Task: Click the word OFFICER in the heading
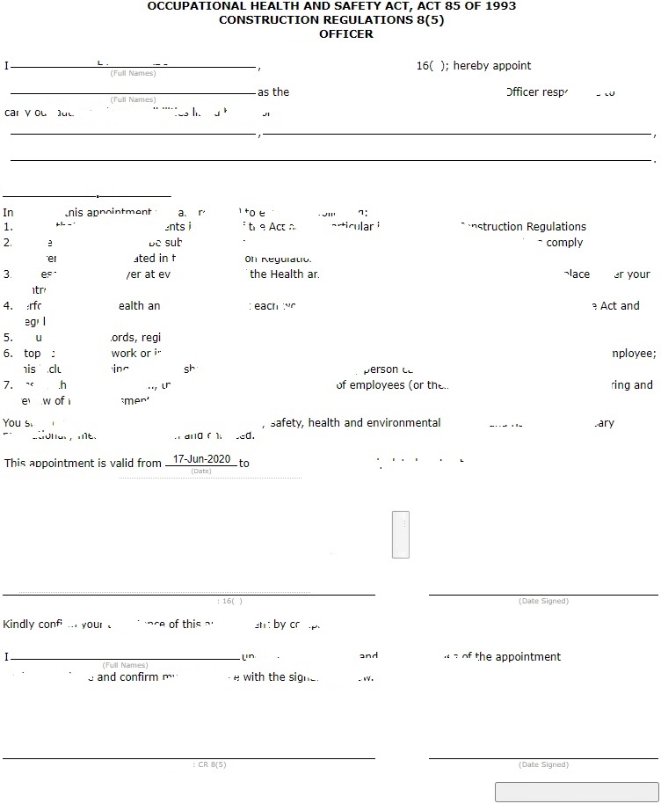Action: [x=346, y=34]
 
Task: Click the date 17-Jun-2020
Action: [x=201, y=459]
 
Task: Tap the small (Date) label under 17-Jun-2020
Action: [x=201, y=471]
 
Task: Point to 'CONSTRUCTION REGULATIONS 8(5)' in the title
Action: [x=331, y=20]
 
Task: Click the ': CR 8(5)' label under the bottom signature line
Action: [x=209, y=764]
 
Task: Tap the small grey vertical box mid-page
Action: [x=400, y=534]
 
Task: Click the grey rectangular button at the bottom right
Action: [x=577, y=791]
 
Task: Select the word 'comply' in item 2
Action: [x=564, y=243]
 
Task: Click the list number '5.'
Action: [x=8, y=338]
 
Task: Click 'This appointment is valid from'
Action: [x=84, y=463]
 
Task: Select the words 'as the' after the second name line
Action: [x=273, y=92]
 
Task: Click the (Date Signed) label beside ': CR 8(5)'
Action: [x=543, y=764]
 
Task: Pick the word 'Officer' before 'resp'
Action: [x=522, y=92]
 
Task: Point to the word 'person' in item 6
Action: [x=381, y=370]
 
